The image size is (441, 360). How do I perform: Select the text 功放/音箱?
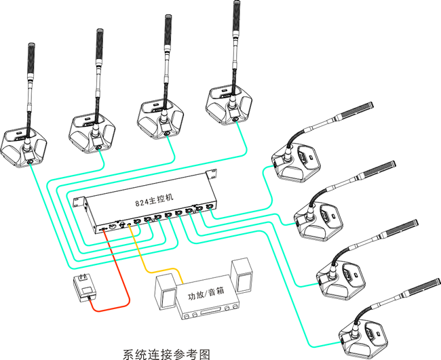click(206, 296)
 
